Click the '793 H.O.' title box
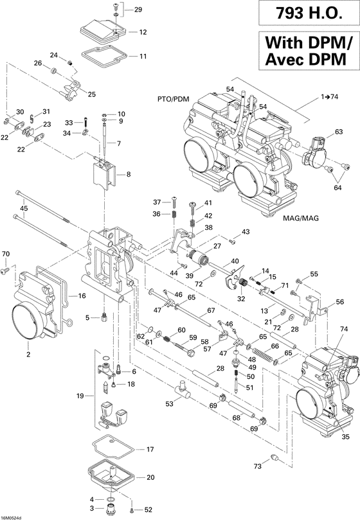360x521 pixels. pos(307,13)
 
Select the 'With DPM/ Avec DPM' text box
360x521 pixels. pos(307,51)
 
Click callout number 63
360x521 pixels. pos(339,132)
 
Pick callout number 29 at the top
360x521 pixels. pos(139,10)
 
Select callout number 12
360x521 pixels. pos(142,31)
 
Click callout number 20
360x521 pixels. pos(150,477)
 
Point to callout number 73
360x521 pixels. pos(258,484)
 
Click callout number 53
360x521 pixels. pos(170,404)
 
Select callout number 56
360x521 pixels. pos(340,302)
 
